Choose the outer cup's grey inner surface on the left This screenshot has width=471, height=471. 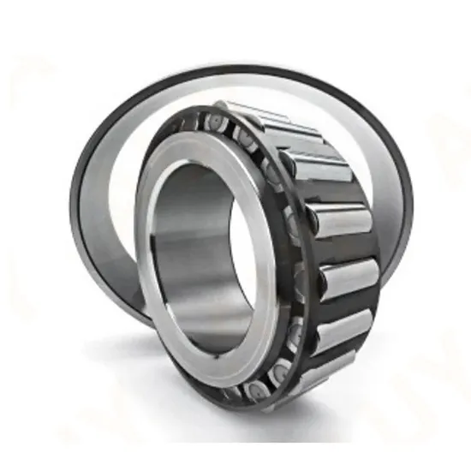[x=103, y=206]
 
